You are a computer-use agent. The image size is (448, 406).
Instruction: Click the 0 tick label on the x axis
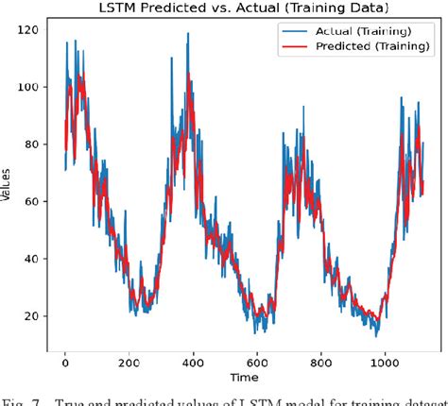coord(65,360)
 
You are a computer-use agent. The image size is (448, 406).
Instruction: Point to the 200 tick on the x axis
coord(129,360)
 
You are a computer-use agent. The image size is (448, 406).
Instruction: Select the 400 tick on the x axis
coord(194,360)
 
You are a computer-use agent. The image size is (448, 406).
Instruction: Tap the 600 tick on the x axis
coord(258,360)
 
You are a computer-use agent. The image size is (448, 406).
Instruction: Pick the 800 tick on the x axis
coord(321,360)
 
